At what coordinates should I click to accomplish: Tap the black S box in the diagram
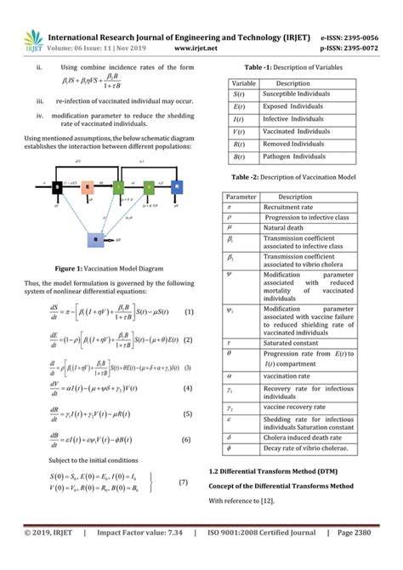click(x=57, y=186)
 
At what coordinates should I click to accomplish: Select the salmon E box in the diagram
click(x=88, y=187)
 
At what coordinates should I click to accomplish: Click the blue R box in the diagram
click(x=175, y=186)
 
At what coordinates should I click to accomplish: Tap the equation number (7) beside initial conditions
click(x=182, y=482)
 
